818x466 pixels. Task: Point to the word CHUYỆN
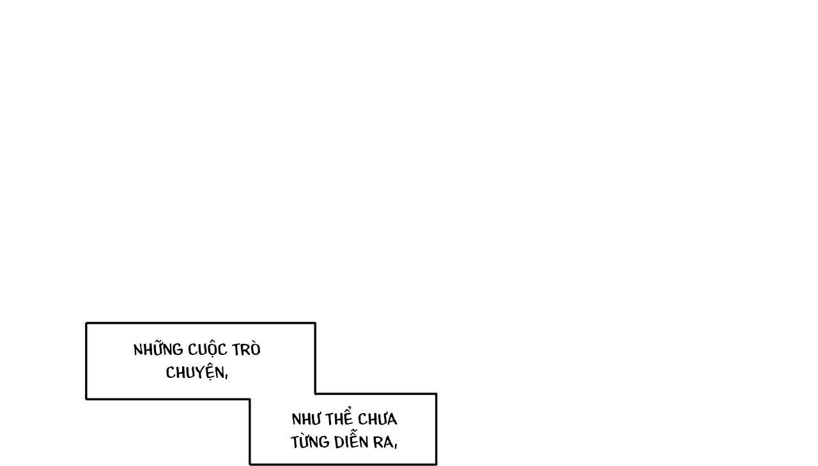[x=194, y=372]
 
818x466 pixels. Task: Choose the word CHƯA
[x=378, y=419]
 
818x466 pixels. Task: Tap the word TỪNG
[x=310, y=442]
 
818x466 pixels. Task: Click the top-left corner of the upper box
[x=86, y=323]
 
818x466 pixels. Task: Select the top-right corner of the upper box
[x=315, y=323]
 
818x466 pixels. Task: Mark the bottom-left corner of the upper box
[x=86, y=399]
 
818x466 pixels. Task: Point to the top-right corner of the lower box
[x=436, y=394]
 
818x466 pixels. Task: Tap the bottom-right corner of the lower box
[x=436, y=464]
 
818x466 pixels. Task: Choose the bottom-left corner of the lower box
[x=250, y=464]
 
